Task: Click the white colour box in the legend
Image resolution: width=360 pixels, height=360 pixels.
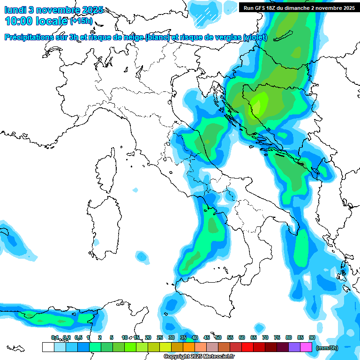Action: (x=48, y=347)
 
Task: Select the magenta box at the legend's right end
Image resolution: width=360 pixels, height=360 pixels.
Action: (x=306, y=347)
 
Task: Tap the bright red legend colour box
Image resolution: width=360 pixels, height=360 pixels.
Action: (x=247, y=347)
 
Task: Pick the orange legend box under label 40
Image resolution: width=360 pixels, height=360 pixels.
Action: (x=189, y=347)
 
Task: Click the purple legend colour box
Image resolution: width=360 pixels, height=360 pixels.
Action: (x=294, y=347)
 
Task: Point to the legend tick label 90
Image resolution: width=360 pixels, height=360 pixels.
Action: (x=312, y=337)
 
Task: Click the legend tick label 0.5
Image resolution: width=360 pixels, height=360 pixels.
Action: (x=78, y=337)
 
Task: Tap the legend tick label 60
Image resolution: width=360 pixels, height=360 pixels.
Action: (x=242, y=337)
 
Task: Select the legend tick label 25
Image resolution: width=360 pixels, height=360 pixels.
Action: (x=160, y=337)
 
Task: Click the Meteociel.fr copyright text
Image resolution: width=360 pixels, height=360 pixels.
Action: (x=199, y=357)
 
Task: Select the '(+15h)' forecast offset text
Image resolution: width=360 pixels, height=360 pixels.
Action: (x=81, y=21)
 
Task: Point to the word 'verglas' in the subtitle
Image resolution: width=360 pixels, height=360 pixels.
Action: (x=225, y=37)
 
